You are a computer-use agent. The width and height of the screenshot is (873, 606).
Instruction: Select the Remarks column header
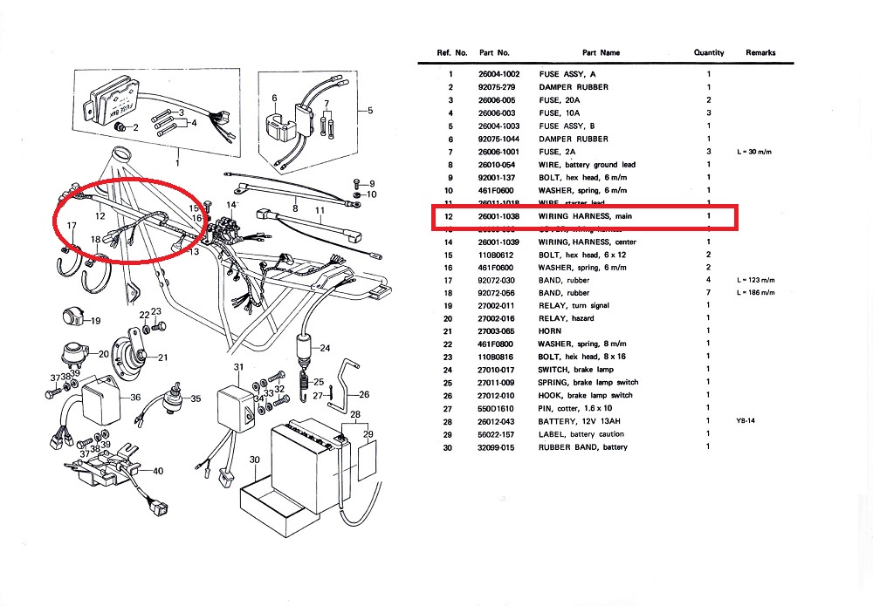pyautogui.click(x=760, y=53)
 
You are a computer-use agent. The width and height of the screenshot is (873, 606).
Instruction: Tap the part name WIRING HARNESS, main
pyautogui.click(x=585, y=215)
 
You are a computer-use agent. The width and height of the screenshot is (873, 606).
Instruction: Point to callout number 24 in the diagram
pyautogui.click(x=326, y=348)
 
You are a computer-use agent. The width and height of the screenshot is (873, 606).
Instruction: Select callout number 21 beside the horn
pyautogui.click(x=162, y=357)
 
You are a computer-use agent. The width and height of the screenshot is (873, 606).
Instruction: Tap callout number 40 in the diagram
pyautogui.click(x=158, y=471)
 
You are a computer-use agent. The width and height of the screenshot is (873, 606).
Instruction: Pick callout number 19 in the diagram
pyautogui.click(x=95, y=320)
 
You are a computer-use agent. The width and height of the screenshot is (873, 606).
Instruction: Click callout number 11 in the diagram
pyautogui.click(x=320, y=211)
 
